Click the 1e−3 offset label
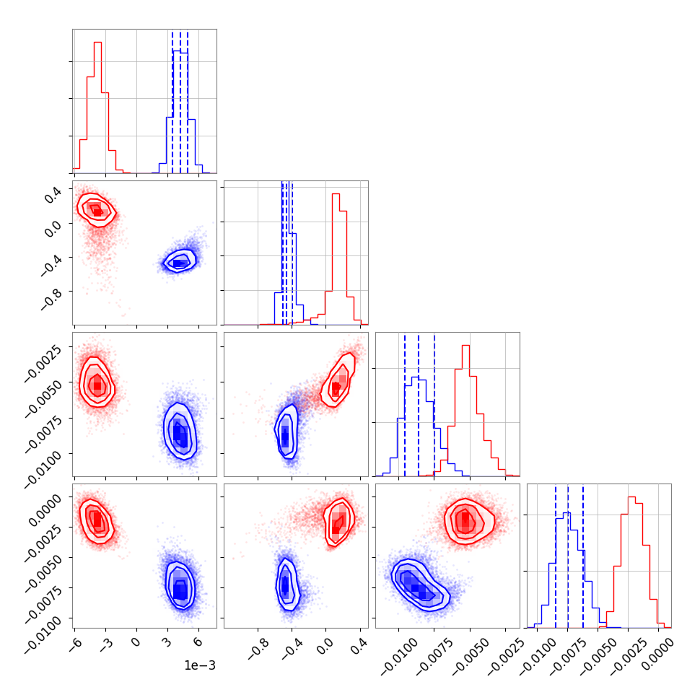click(200, 665)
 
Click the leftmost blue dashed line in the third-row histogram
click(405, 404)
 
